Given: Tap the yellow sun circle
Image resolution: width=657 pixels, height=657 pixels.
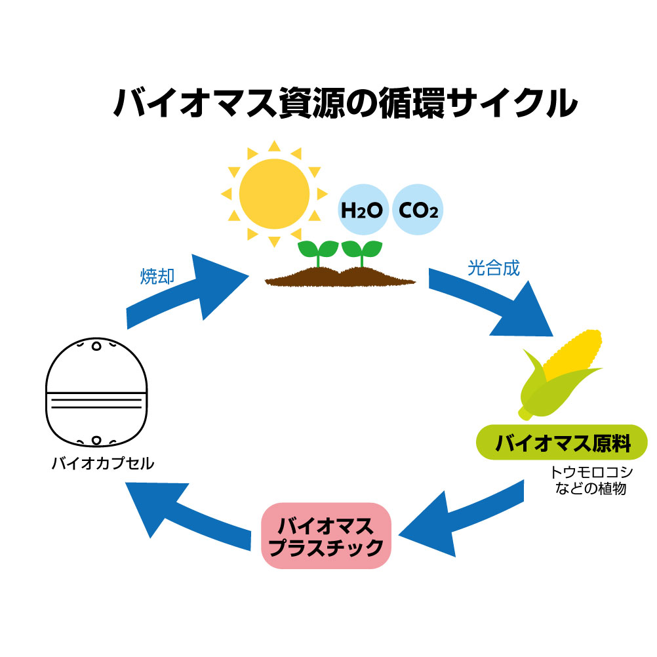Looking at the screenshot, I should pyautogui.click(x=273, y=192).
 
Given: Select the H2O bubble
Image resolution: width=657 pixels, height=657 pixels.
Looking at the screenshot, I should pyautogui.click(x=362, y=210).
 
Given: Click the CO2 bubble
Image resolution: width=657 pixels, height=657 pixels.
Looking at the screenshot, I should pyautogui.click(x=418, y=210).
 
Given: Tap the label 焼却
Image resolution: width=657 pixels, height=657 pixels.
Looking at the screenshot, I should pyautogui.click(x=157, y=277).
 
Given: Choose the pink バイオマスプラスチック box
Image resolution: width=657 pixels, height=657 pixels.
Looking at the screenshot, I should pyautogui.click(x=326, y=536).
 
